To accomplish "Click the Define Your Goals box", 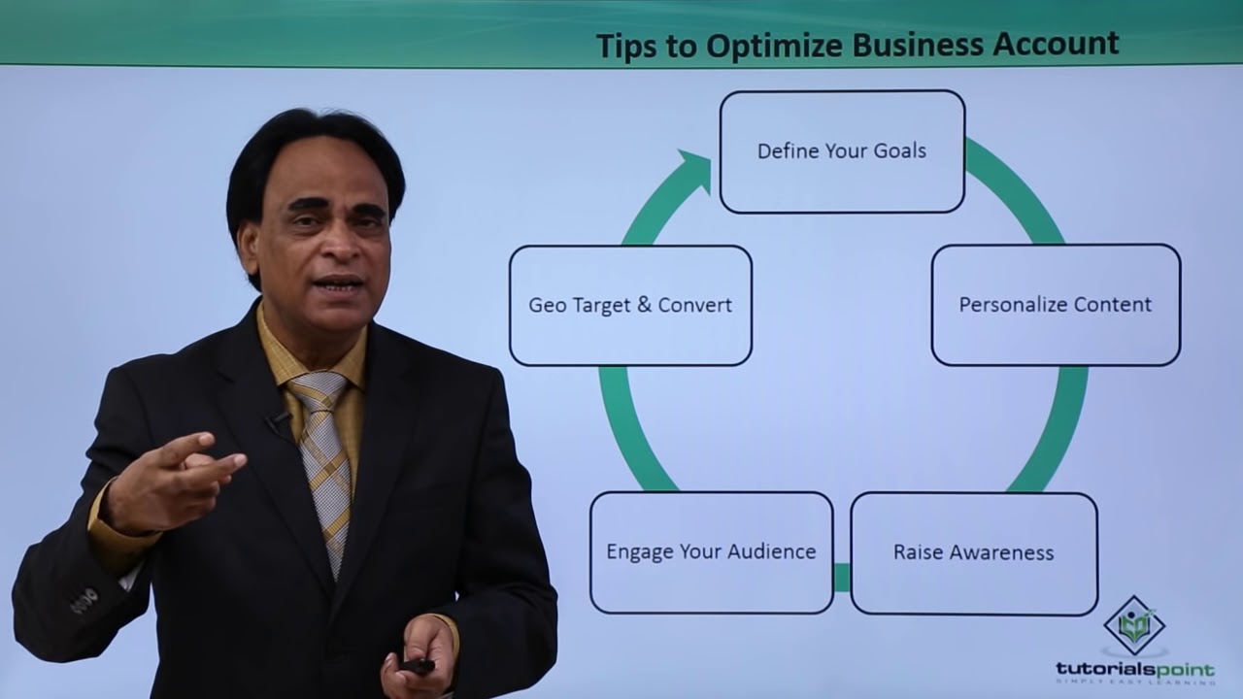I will click(842, 151).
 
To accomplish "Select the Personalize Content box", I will click(1056, 305).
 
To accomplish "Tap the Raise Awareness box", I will click(974, 553).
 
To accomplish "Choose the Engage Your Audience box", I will click(711, 552).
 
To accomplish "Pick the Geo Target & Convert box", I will click(630, 305).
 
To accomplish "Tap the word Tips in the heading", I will click(626, 45).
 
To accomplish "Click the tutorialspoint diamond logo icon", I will click(1134, 626).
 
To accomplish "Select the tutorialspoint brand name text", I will click(1134, 669).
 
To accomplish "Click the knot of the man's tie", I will click(318, 392).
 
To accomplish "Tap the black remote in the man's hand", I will click(418, 666).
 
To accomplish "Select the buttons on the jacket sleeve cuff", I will click(84, 601).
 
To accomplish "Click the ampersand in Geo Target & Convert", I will click(645, 305).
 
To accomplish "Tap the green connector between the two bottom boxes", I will click(842, 578).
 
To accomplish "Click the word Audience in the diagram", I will click(776, 551).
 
